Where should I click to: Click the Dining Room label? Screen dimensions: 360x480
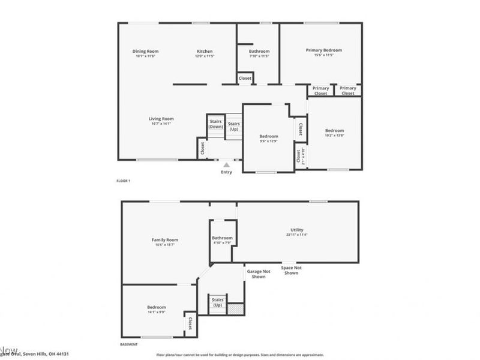145,52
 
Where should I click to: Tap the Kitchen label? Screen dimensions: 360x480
205,52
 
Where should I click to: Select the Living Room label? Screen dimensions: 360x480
161,119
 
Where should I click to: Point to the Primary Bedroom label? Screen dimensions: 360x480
323,50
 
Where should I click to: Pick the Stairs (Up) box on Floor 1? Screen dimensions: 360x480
233,127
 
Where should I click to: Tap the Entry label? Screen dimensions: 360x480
226,173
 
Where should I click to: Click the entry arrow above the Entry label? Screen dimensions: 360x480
226,163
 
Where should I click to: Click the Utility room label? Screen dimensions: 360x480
296,230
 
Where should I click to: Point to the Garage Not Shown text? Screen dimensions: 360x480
259,274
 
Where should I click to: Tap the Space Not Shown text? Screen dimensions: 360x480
291,271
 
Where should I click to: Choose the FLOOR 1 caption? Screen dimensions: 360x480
123,181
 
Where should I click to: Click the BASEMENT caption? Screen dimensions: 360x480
129,344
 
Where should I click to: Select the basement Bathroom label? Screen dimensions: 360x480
222,238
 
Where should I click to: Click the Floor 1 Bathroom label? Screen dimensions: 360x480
259,52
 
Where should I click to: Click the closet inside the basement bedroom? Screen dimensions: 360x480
190,324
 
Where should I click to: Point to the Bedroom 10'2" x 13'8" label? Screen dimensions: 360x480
334,131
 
